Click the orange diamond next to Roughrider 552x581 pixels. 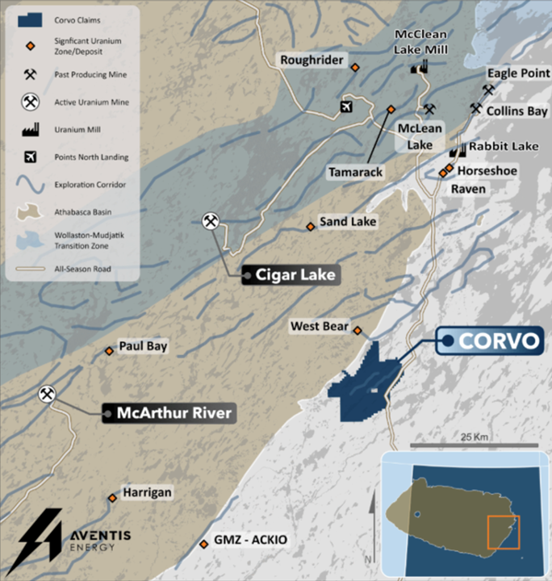pos(354,68)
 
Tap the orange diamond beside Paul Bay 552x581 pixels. pos(109,350)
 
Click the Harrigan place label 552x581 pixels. pos(147,491)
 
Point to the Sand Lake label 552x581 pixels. pos(347,221)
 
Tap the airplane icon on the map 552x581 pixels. pos(348,107)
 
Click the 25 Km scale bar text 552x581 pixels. pos(476,437)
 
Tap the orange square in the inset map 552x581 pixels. pos(503,533)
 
